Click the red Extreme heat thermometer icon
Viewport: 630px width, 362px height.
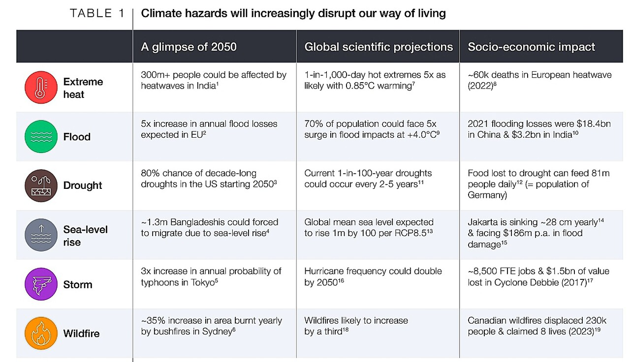tap(41, 88)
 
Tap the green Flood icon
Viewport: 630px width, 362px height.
tap(41, 137)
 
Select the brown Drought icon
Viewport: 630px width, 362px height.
tap(41, 186)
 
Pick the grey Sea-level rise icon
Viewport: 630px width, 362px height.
tap(41, 235)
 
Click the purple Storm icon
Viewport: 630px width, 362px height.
tap(41, 284)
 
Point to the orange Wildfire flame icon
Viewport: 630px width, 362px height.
tap(41, 333)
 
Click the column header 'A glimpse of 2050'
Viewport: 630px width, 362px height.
tap(189, 47)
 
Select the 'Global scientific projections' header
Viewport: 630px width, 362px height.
tap(378, 47)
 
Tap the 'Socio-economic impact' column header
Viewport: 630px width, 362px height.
tap(532, 47)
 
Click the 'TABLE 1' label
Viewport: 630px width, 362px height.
tap(97, 13)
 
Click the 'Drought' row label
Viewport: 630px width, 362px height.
tap(83, 186)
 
